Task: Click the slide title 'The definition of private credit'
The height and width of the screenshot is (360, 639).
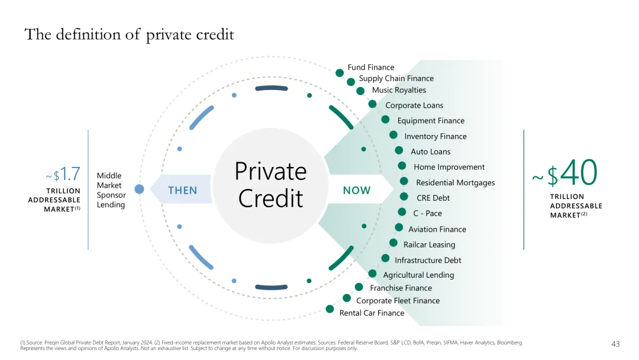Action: pos(129,35)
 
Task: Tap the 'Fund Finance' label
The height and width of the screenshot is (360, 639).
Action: pos(370,67)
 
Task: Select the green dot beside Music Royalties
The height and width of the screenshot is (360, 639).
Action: pos(360,91)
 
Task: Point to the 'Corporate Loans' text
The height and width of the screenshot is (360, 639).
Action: pos(414,105)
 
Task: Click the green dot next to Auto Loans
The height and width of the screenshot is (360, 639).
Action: pos(399,151)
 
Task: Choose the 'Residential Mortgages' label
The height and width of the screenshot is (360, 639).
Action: pos(455,182)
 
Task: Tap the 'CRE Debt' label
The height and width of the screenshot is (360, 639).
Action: pos(433,198)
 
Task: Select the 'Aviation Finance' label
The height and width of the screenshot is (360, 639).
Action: pos(437,229)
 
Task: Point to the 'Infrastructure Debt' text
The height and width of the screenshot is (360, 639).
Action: pos(428,260)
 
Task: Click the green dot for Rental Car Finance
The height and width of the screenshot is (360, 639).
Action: pos(330,308)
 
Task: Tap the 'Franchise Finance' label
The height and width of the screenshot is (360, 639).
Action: pos(401,288)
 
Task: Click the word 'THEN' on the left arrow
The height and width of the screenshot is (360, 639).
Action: pos(182,190)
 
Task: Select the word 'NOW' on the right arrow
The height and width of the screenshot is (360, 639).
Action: pos(357,190)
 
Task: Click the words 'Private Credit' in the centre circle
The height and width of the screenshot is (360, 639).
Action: pos(270,185)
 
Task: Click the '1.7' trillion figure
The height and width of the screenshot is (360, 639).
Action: pos(70,174)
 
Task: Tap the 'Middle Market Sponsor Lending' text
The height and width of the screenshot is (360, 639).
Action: pos(111,190)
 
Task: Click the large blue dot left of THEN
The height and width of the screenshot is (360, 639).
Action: pos(139,189)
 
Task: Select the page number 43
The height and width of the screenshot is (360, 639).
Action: pos(615,344)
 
